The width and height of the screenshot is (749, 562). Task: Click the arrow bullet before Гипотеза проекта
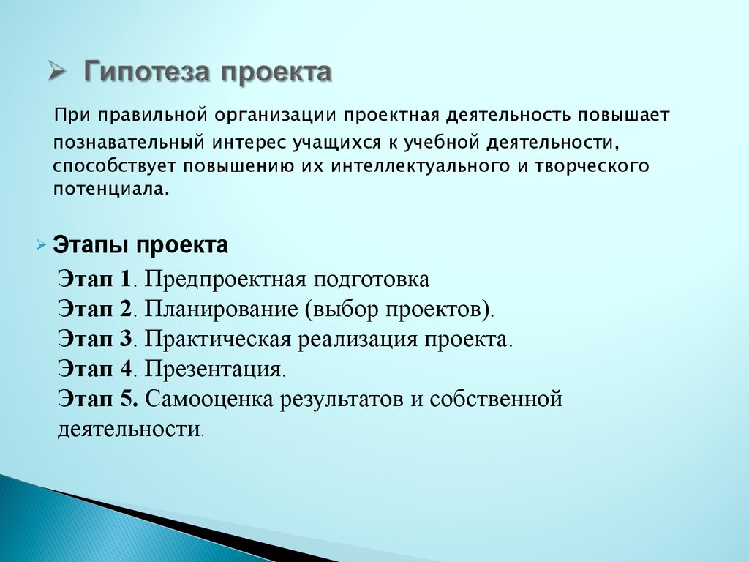[56, 72]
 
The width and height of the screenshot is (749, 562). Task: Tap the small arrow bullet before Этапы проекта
[42, 246]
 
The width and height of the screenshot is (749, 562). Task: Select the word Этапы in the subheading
[91, 245]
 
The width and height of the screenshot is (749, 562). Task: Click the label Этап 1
[94, 279]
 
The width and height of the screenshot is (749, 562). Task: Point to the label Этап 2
[94, 309]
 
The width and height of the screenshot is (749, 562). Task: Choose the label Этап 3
[94, 338]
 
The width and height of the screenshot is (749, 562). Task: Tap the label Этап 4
[94, 368]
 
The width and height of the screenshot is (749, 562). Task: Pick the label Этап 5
[98, 398]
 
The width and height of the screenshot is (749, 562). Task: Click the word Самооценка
[208, 399]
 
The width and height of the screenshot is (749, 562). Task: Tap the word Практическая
[218, 340]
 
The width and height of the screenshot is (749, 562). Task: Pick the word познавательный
[129, 143]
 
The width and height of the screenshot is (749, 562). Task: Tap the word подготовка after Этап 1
[371, 280]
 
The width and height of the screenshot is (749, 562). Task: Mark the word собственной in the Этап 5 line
[496, 399]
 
